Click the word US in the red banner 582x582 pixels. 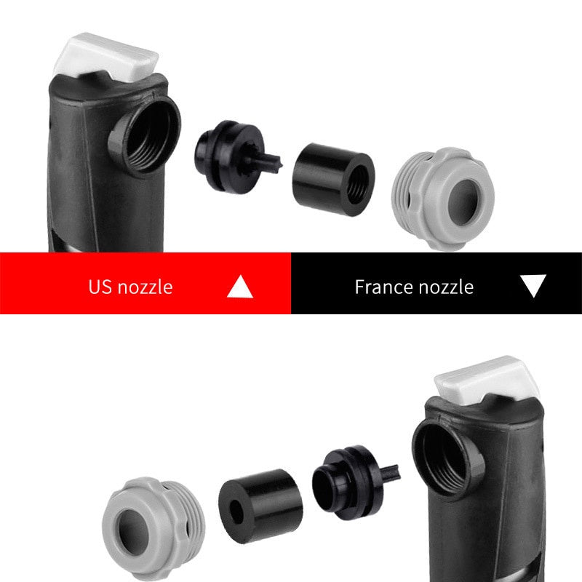(x=100, y=287)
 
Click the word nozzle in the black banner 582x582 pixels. (x=446, y=287)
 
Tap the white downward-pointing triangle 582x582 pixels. (x=533, y=284)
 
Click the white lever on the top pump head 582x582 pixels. (x=106, y=57)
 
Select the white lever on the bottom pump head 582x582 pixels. (x=487, y=380)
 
